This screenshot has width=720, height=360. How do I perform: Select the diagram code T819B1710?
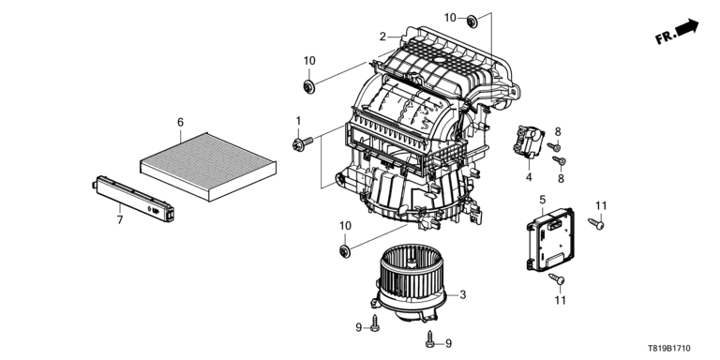tap(669, 349)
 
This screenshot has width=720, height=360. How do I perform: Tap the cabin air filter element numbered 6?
tap(208, 166)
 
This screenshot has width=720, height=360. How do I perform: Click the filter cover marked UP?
tap(133, 198)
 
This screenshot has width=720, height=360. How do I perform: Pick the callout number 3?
tap(462, 294)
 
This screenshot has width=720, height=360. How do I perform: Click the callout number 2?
tap(382, 37)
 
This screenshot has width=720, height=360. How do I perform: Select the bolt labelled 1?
tap(302, 143)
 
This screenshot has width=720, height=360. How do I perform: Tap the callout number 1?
tap(298, 121)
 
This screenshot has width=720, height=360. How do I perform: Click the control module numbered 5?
tap(550, 239)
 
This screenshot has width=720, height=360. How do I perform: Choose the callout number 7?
tap(120, 220)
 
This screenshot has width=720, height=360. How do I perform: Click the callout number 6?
tap(180, 123)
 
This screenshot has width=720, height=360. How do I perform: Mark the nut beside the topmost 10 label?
tap(472, 22)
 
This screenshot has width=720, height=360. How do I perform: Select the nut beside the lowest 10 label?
tap(344, 251)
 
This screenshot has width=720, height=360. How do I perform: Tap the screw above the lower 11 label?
tap(557, 278)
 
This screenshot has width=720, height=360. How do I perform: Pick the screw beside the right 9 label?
tap(430, 338)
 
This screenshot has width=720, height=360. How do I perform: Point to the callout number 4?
tap(529, 177)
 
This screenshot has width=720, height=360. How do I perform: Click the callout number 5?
tap(542, 200)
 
